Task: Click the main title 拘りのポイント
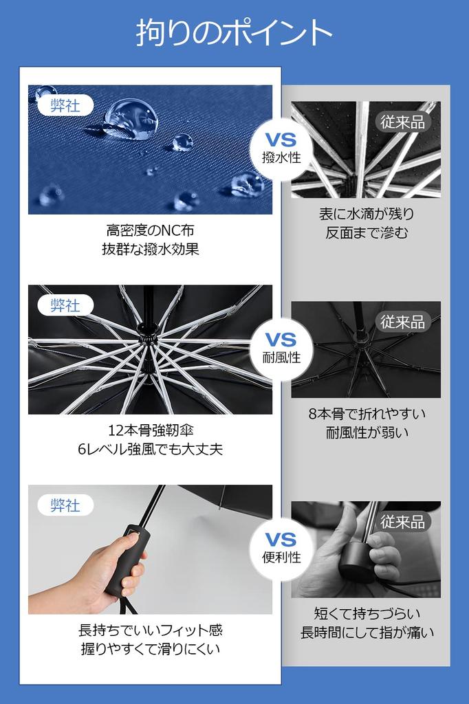(x=235, y=33)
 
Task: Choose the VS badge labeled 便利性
(x=281, y=548)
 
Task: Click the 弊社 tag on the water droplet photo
(x=65, y=106)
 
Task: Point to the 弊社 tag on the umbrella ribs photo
(x=65, y=305)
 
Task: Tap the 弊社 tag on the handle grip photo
(x=65, y=505)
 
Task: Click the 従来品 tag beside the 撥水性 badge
(x=402, y=122)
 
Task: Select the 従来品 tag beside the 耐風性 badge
(x=402, y=322)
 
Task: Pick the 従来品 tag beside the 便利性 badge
(x=402, y=522)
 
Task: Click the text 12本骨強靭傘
(x=150, y=430)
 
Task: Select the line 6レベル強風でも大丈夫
(x=150, y=450)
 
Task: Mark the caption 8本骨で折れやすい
(x=367, y=414)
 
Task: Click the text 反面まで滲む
(x=367, y=233)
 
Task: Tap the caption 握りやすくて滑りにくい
(x=150, y=649)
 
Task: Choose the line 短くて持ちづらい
(x=367, y=613)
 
